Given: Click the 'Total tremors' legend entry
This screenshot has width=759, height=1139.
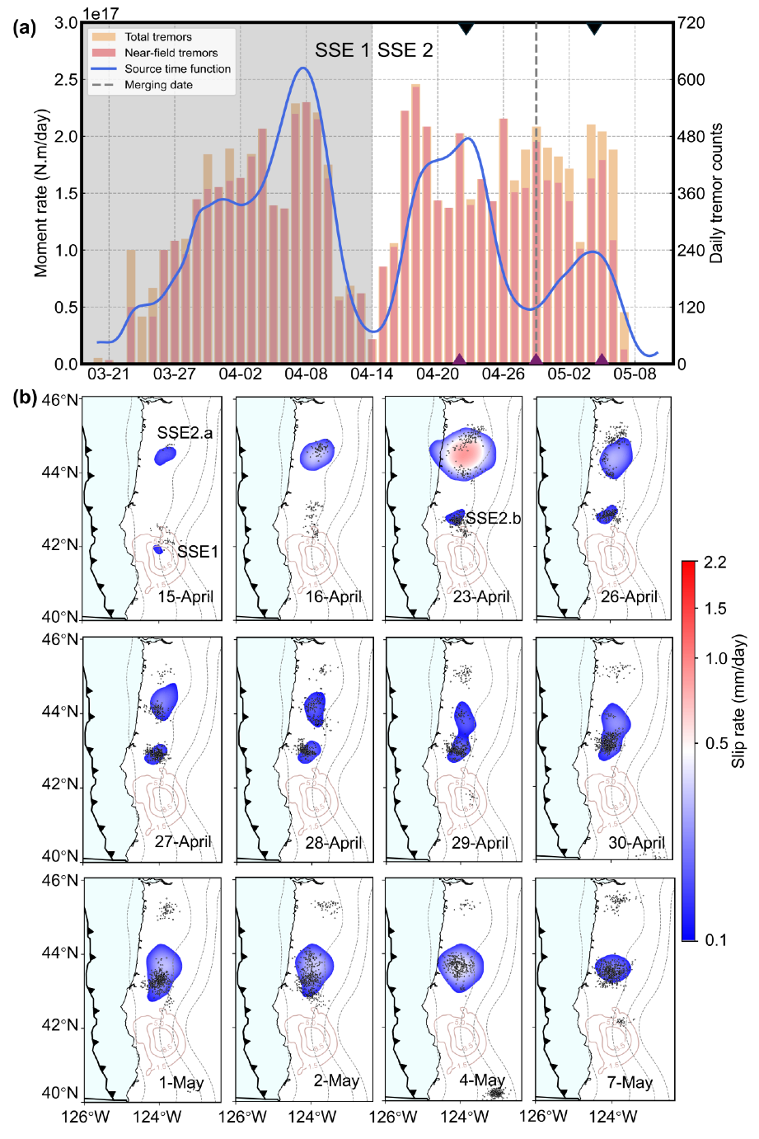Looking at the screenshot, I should (157, 37).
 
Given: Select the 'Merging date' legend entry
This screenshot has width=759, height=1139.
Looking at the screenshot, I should (158, 85).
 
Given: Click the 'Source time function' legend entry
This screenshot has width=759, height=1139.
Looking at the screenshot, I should (177, 68).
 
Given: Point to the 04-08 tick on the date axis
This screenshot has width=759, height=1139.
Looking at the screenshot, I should (306, 374).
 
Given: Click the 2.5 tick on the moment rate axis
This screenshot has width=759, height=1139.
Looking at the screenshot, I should (67, 80).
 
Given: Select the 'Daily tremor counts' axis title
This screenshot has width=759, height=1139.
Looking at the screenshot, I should (716, 193).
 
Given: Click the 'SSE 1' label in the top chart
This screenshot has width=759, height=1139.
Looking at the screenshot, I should (342, 51).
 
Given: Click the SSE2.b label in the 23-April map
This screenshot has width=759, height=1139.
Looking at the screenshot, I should (493, 519).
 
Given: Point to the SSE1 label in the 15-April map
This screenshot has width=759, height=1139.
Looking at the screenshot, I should (198, 552).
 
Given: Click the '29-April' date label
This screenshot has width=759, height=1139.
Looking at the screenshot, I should (480, 843).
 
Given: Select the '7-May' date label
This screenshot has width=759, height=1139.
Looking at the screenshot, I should (630, 1082).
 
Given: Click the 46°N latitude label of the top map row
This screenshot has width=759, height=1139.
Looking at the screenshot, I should (61, 401).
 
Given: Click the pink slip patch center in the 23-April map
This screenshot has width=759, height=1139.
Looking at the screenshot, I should (463, 454).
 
